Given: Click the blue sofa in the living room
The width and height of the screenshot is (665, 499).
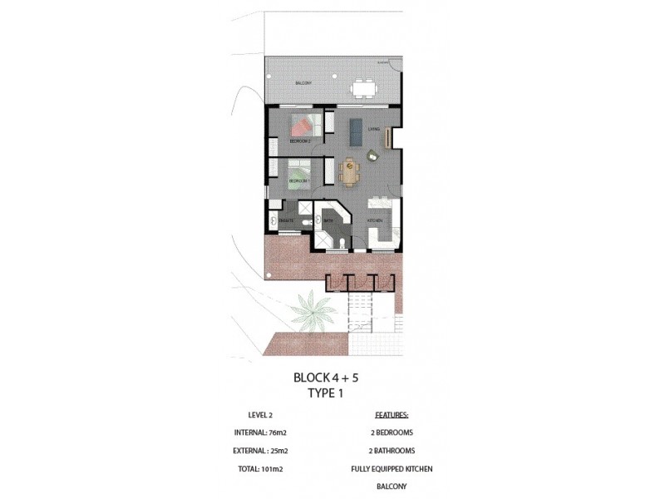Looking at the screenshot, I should [357, 129].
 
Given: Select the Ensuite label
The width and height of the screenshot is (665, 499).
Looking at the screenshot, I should [285, 221].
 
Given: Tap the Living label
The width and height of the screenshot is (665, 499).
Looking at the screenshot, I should [375, 129].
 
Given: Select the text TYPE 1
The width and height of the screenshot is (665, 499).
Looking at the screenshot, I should [326, 394].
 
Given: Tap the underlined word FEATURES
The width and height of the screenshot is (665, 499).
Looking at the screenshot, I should [392, 413].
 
